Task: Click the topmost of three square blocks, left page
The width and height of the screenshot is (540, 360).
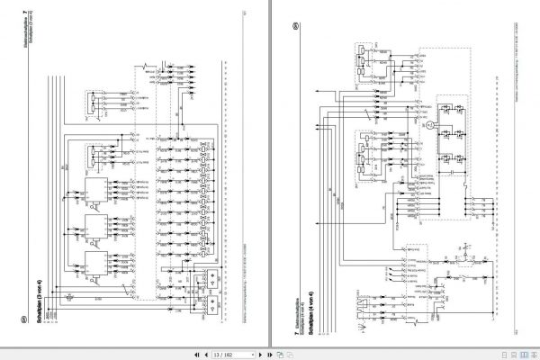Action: click(x=93, y=190)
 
